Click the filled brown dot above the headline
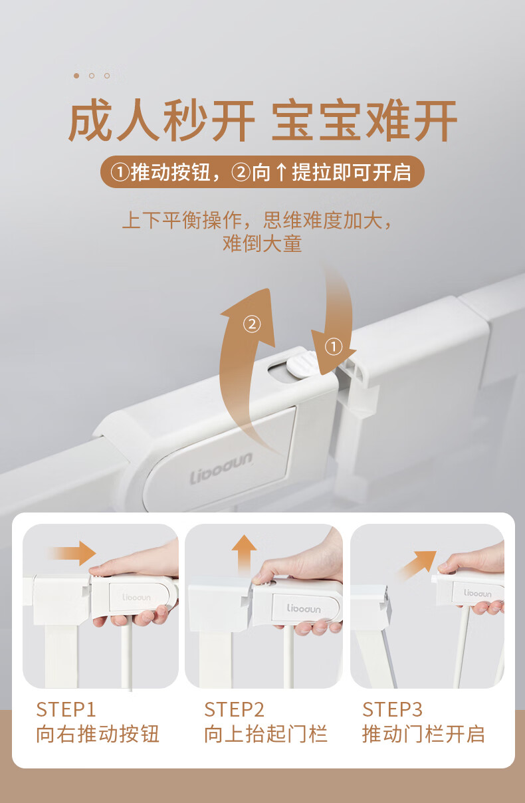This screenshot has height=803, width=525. click(76, 76)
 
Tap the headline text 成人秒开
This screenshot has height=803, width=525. click(161, 121)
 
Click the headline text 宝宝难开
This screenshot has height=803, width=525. click(364, 121)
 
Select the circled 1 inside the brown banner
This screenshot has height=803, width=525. click(120, 172)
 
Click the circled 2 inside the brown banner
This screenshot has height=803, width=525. click(241, 172)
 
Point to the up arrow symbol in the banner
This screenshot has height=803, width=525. click(282, 172)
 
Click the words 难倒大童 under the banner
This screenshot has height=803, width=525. click(262, 243)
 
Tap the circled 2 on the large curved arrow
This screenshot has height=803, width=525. click(252, 324)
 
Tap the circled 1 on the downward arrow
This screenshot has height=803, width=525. click(334, 346)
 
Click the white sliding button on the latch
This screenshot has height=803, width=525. click(302, 364)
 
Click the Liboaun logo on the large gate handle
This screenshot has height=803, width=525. click(221, 467)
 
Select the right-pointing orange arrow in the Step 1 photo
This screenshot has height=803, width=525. click(72, 553)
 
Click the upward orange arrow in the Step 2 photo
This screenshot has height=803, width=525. click(244, 554)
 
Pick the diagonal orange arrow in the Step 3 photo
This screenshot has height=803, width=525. click(417, 565)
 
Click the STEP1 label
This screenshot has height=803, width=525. click(66, 709)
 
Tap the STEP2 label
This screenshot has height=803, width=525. click(234, 709)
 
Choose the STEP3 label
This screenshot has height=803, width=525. click(392, 709)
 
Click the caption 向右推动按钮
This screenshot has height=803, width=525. click(98, 733)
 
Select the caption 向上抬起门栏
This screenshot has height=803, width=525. click(266, 733)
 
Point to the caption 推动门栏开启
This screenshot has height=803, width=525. click(423, 733)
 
